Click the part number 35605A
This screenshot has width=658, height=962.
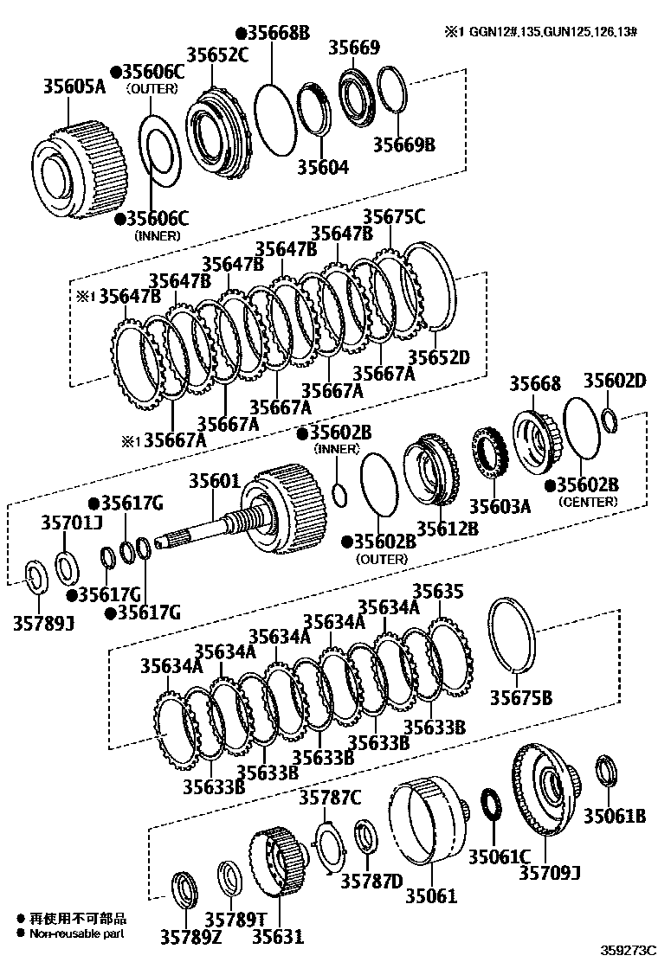pos(74,87)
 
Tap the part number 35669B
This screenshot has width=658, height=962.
pos(403,144)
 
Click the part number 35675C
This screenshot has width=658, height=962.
pos(394,217)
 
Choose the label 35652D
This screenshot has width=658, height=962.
pos(438,356)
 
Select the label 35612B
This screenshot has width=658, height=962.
pos(447,528)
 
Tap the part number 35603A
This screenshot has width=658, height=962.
pos(500,506)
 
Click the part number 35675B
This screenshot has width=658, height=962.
pos(521,697)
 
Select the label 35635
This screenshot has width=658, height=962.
pos(437,591)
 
